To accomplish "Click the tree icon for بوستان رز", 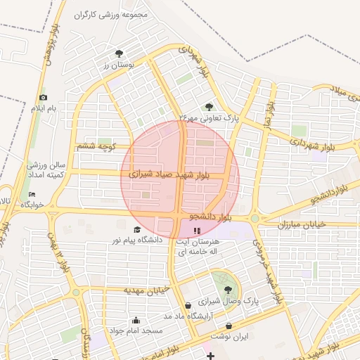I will tap(119, 53).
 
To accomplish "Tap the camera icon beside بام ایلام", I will tap(44, 97).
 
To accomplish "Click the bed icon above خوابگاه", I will tap(31, 194).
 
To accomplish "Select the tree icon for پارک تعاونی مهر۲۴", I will tap(210, 107).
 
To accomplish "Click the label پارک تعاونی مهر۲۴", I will tap(210, 119).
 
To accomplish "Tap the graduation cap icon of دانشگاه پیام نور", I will tap(137, 229).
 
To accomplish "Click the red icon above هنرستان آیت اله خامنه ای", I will tap(197, 229).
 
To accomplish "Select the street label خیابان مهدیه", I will tap(148, 290).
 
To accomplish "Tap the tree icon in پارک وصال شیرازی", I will tap(227, 290).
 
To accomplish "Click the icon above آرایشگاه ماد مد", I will tap(187, 305).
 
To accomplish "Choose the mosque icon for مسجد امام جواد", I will tap(135, 320).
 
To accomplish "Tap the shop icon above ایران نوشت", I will tap(230, 326).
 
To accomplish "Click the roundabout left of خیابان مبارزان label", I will tap(255, 219).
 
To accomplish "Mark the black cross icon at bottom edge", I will tap(210, 356).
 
